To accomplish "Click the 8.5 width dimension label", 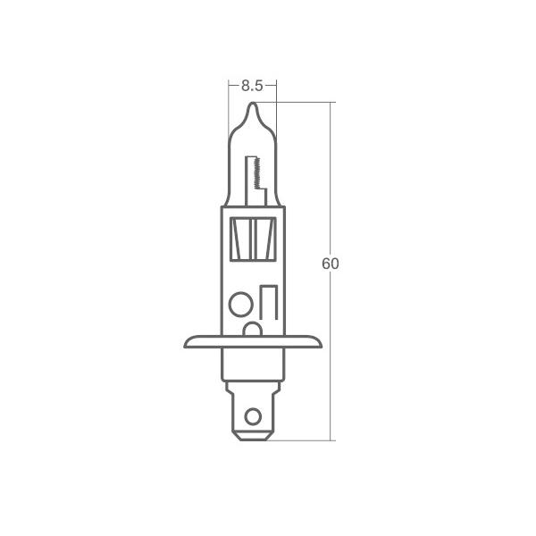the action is click(x=252, y=86).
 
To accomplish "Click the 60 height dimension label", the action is click(x=331, y=264).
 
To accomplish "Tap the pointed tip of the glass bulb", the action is click(x=252, y=103).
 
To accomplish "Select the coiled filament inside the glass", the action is click(x=257, y=173).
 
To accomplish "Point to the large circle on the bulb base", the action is click(x=241, y=304).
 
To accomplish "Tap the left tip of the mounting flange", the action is click(x=185, y=345).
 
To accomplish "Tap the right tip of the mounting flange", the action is click(x=321, y=345).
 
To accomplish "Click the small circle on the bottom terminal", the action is click(x=253, y=416).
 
